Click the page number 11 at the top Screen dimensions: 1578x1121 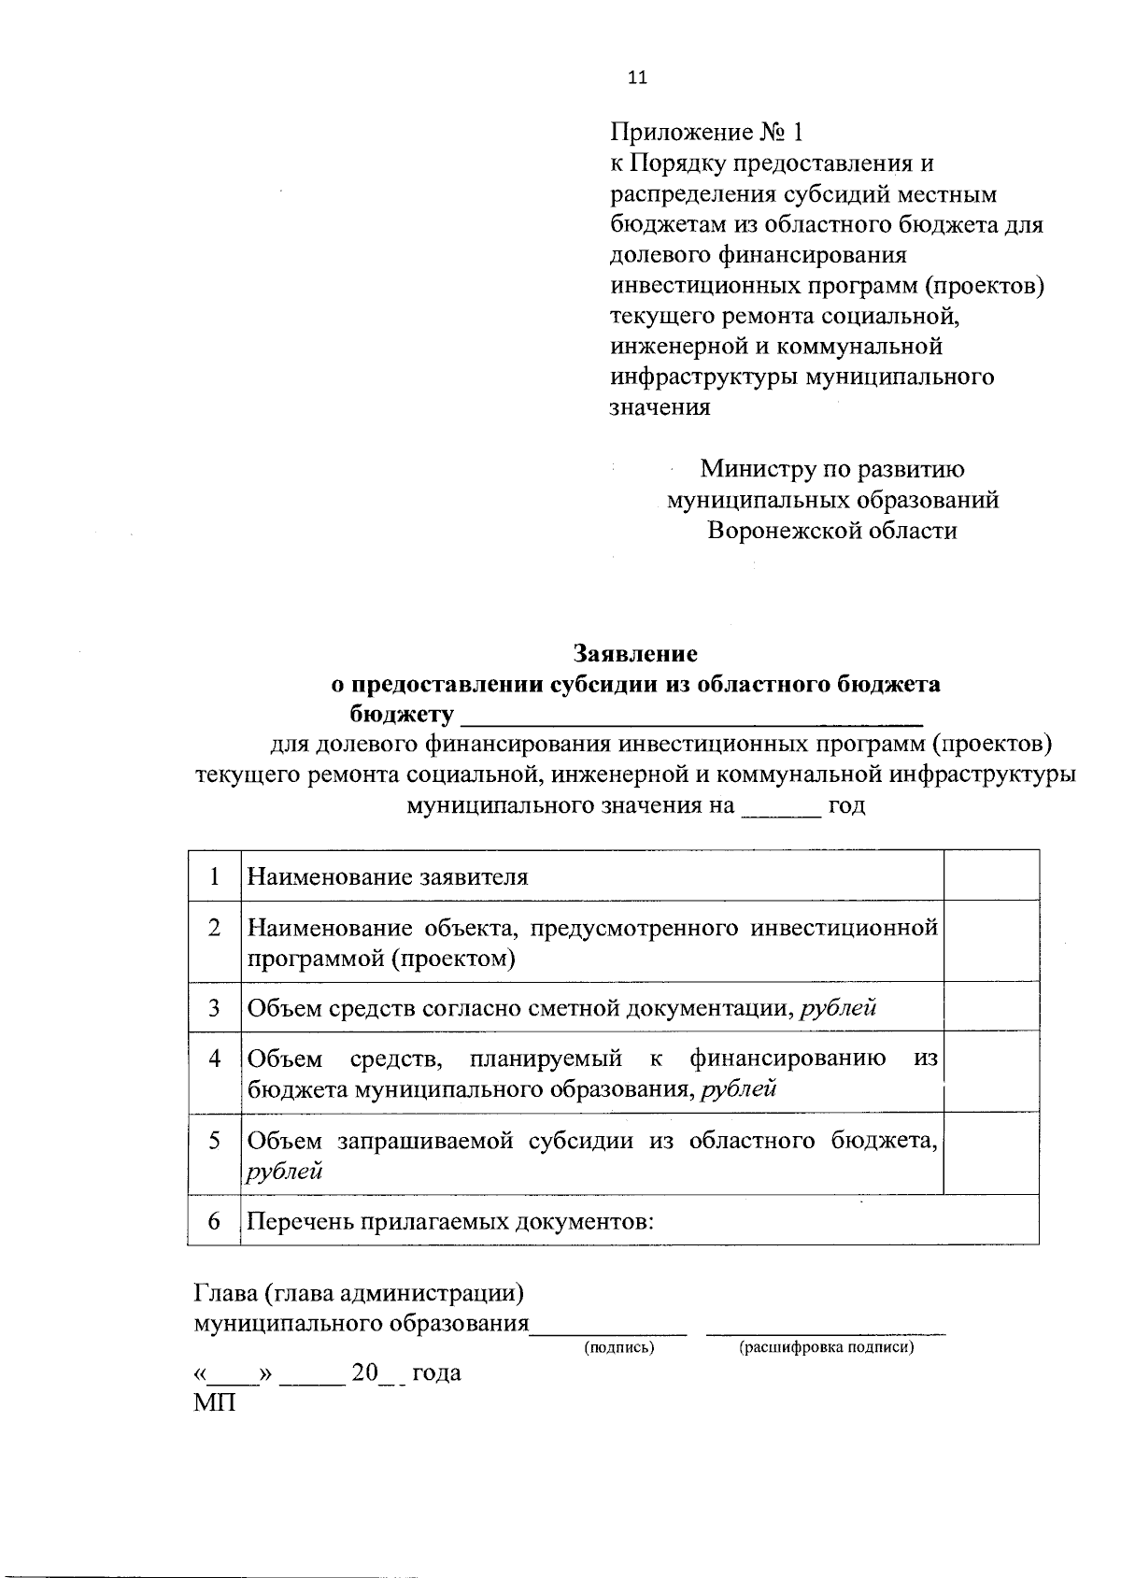click(637, 78)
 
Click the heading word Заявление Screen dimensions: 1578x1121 click(635, 653)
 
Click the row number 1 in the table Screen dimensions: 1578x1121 click(215, 876)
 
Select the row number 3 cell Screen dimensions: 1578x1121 click(215, 1008)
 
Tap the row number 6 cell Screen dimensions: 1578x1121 click(215, 1221)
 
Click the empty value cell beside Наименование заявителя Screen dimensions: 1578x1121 click(991, 876)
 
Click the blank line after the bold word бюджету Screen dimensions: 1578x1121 click(691, 718)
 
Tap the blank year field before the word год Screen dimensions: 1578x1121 click(781, 806)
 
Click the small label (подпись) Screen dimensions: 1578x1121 click(619, 1347)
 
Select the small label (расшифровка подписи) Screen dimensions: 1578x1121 click(826, 1347)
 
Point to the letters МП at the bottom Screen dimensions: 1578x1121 click(214, 1403)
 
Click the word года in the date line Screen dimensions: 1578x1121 click(436, 1373)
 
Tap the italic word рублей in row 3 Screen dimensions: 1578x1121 click(839, 1008)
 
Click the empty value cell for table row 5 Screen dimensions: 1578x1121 click(991, 1155)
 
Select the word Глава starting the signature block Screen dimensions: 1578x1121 click(224, 1294)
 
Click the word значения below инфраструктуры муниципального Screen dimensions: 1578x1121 click(660, 408)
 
